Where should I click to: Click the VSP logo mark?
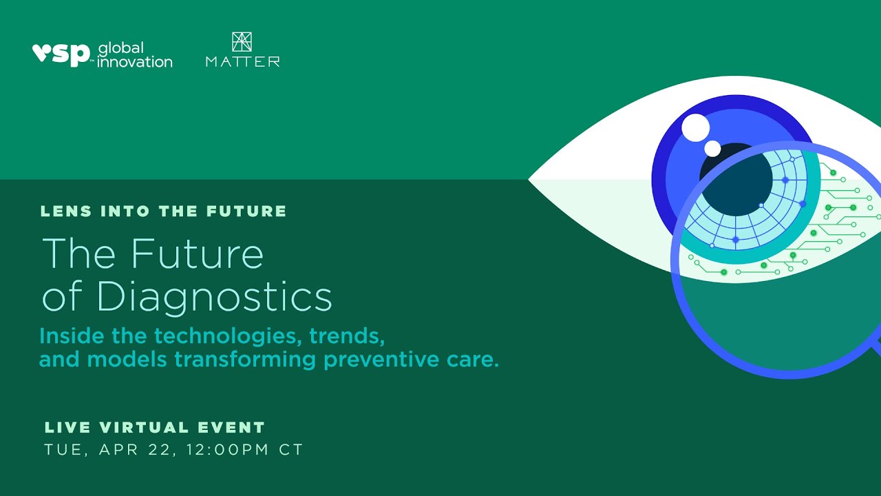point(61,54)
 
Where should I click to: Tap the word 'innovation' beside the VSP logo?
point(135,62)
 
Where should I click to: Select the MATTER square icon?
point(242,41)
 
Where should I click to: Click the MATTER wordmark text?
point(242,62)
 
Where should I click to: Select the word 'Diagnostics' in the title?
point(214,297)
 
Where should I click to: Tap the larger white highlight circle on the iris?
point(695,127)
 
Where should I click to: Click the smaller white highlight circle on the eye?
point(712,148)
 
